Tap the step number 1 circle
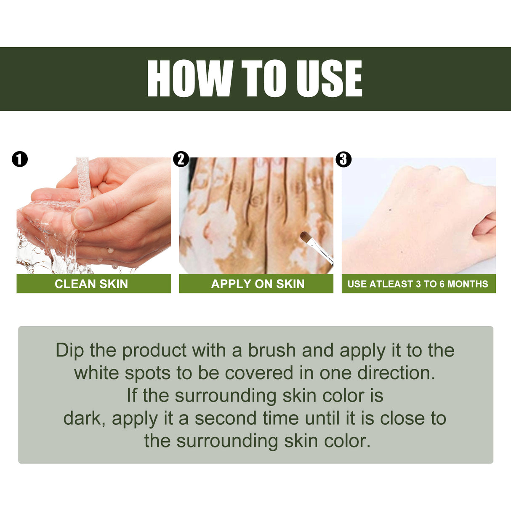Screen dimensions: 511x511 tap(20, 159)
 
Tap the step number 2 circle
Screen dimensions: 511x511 tap(181, 159)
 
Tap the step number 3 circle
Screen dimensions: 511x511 tap(343, 159)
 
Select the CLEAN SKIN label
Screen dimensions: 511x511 tap(91, 284)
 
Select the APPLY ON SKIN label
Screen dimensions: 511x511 tap(258, 284)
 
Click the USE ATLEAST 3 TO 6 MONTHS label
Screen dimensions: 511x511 tap(418, 284)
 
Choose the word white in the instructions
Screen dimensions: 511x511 tap(96, 373)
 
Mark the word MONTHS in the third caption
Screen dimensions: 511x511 tap(468, 284)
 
